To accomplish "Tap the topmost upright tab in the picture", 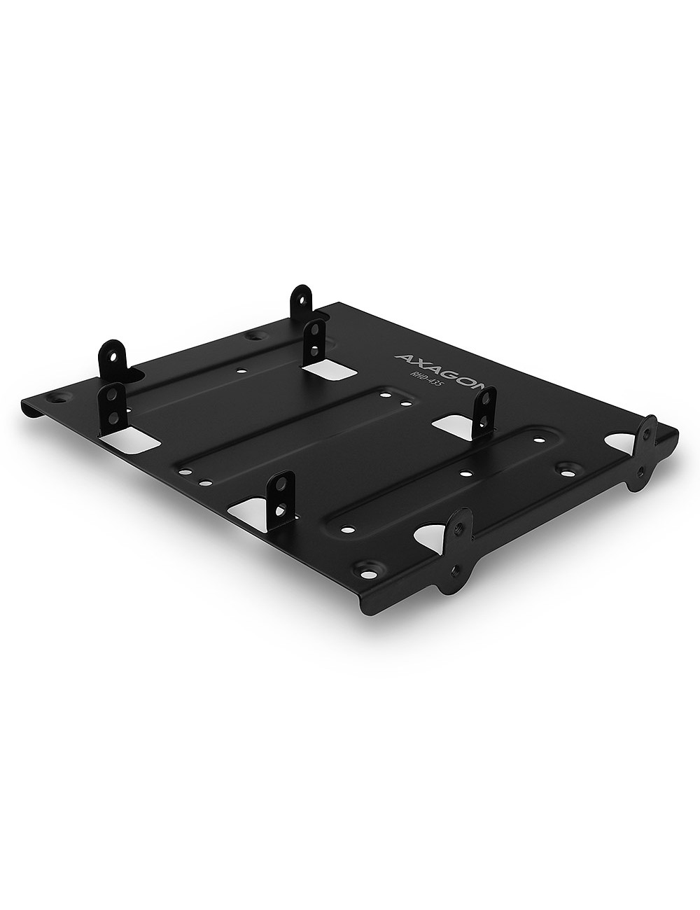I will (302, 302).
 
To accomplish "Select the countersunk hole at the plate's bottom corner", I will (365, 568).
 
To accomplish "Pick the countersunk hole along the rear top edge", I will (253, 337).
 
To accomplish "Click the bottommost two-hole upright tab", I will (281, 498).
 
